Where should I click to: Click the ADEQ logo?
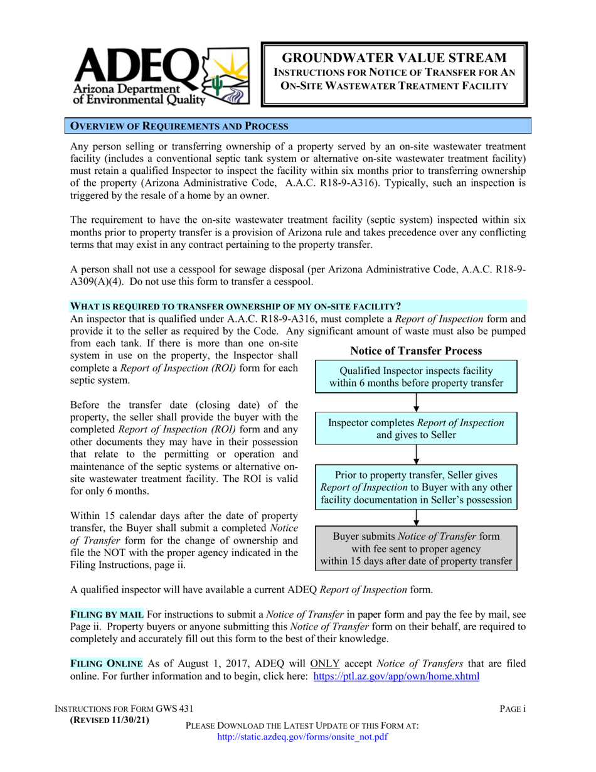pyautogui.click(x=159, y=73)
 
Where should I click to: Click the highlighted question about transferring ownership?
pyautogui.click(x=234, y=306)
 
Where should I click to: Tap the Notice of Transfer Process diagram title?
pyautogui.click(x=416, y=350)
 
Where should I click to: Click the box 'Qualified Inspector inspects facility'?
pyautogui.click(x=416, y=377)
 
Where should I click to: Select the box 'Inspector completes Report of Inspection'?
pyautogui.click(x=416, y=429)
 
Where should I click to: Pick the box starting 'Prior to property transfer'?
pyautogui.click(x=416, y=486)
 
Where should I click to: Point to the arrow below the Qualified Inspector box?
pyautogui.click(x=416, y=402)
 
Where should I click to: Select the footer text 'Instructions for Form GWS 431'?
pyautogui.click(x=124, y=709)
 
